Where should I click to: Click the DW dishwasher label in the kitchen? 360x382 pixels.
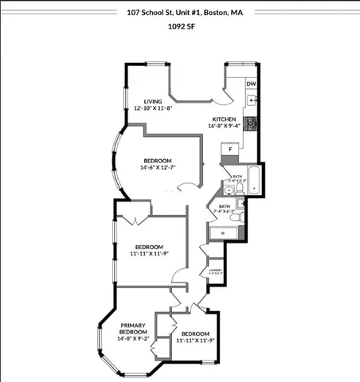point(251,84)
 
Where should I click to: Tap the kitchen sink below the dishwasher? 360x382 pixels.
point(251,101)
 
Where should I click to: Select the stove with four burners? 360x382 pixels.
point(251,124)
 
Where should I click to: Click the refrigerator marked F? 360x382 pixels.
point(231,149)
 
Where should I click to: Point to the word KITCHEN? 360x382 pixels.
point(224,119)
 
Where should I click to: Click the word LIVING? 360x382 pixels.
point(153,102)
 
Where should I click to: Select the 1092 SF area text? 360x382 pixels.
point(180,25)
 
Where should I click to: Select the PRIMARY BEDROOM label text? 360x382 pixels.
point(133,329)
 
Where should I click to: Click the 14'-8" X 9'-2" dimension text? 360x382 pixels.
point(133,339)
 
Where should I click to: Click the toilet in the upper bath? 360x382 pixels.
point(238,189)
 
